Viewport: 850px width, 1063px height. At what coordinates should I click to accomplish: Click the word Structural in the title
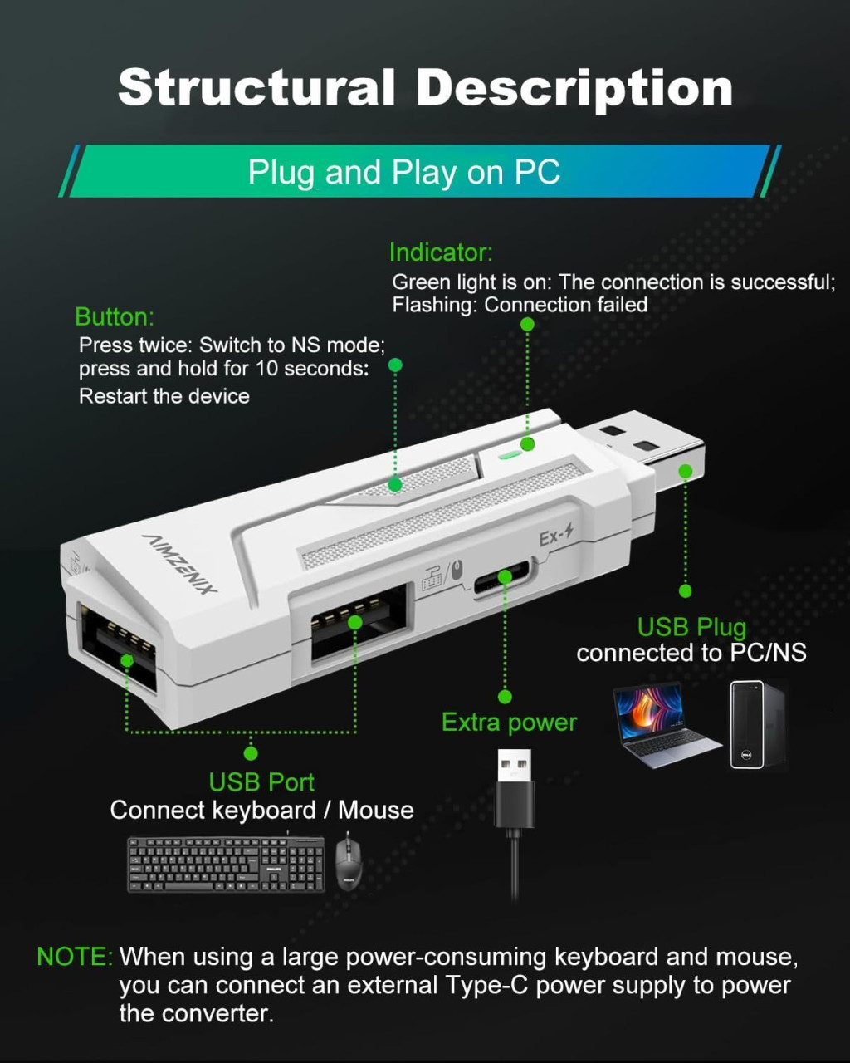(x=256, y=87)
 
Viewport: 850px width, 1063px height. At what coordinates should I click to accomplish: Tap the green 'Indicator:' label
(x=441, y=252)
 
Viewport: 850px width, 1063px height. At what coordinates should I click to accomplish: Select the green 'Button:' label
(x=115, y=317)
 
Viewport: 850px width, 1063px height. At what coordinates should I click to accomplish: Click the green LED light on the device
(x=510, y=453)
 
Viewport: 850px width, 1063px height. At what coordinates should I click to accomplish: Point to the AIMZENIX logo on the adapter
(x=178, y=564)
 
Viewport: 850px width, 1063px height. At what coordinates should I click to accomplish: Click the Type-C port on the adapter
(x=501, y=577)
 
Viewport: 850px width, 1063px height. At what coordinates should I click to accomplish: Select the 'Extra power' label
(x=509, y=723)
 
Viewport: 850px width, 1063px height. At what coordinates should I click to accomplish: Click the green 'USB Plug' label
(x=691, y=628)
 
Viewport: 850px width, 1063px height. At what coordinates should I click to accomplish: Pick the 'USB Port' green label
(x=261, y=782)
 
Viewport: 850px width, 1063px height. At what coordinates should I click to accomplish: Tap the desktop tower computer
(x=756, y=725)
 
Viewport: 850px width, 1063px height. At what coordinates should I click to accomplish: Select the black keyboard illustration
(x=226, y=865)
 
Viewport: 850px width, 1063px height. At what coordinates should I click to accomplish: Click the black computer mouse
(x=349, y=864)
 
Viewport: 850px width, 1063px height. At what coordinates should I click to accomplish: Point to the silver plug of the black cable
(x=514, y=765)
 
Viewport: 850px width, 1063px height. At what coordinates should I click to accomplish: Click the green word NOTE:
(x=75, y=957)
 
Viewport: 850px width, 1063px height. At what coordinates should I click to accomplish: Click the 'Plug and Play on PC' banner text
(x=404, y=172)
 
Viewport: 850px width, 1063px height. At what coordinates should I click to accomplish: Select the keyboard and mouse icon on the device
(x=442, y=576)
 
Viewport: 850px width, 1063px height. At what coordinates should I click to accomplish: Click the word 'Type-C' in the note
(x=486, y=985)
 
